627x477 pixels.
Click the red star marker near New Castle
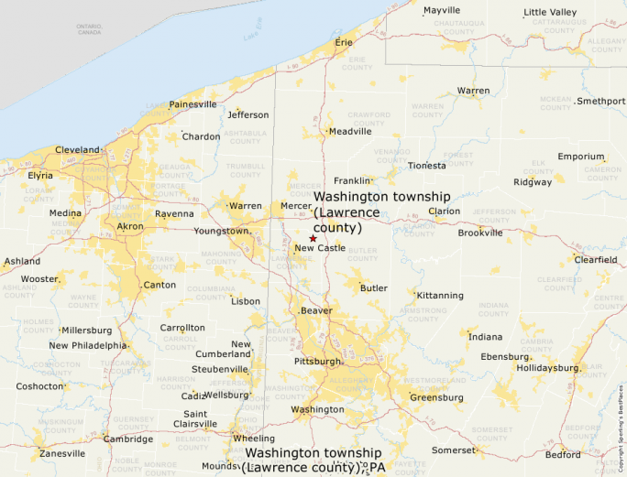313,238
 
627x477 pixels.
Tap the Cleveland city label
77,149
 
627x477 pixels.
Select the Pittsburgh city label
317,362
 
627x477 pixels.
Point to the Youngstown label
221,231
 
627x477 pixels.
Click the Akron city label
130,225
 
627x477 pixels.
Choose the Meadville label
350,131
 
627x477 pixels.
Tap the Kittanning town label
440,296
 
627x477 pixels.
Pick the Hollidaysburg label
547,368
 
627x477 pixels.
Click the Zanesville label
61,453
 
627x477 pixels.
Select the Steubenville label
219,369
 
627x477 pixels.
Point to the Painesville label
192,104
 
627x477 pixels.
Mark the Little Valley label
550,12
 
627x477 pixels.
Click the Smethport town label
601,101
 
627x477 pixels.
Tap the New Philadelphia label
88,345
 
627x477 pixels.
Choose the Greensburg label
436,397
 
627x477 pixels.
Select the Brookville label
480,233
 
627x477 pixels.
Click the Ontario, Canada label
89,28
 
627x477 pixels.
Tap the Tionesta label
427,166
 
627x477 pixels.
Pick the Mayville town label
442,11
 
